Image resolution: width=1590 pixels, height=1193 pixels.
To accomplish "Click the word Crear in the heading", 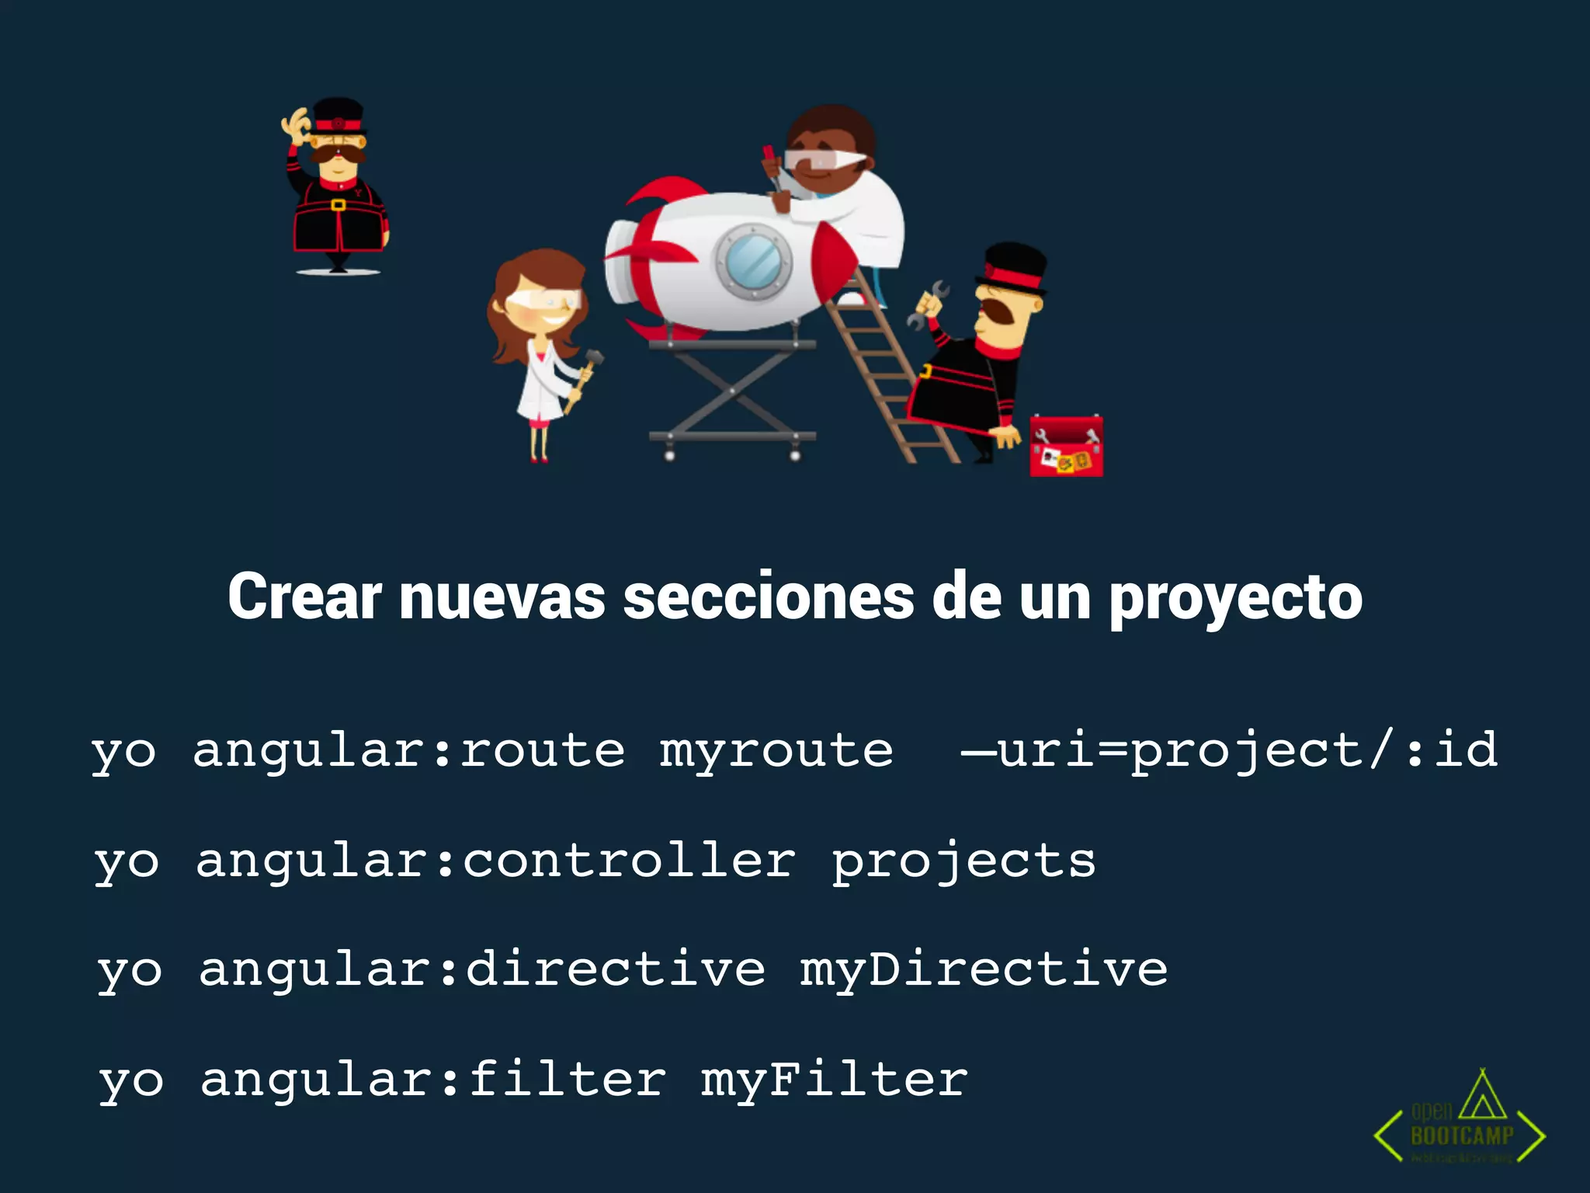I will (304, 596).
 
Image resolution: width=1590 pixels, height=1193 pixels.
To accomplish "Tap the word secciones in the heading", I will (769, 596).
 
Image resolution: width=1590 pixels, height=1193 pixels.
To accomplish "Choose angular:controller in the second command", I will (495, 861).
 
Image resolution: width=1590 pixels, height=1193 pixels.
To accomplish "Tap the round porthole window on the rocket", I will (753, 260).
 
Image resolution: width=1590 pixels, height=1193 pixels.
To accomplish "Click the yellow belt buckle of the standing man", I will (338, 205).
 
